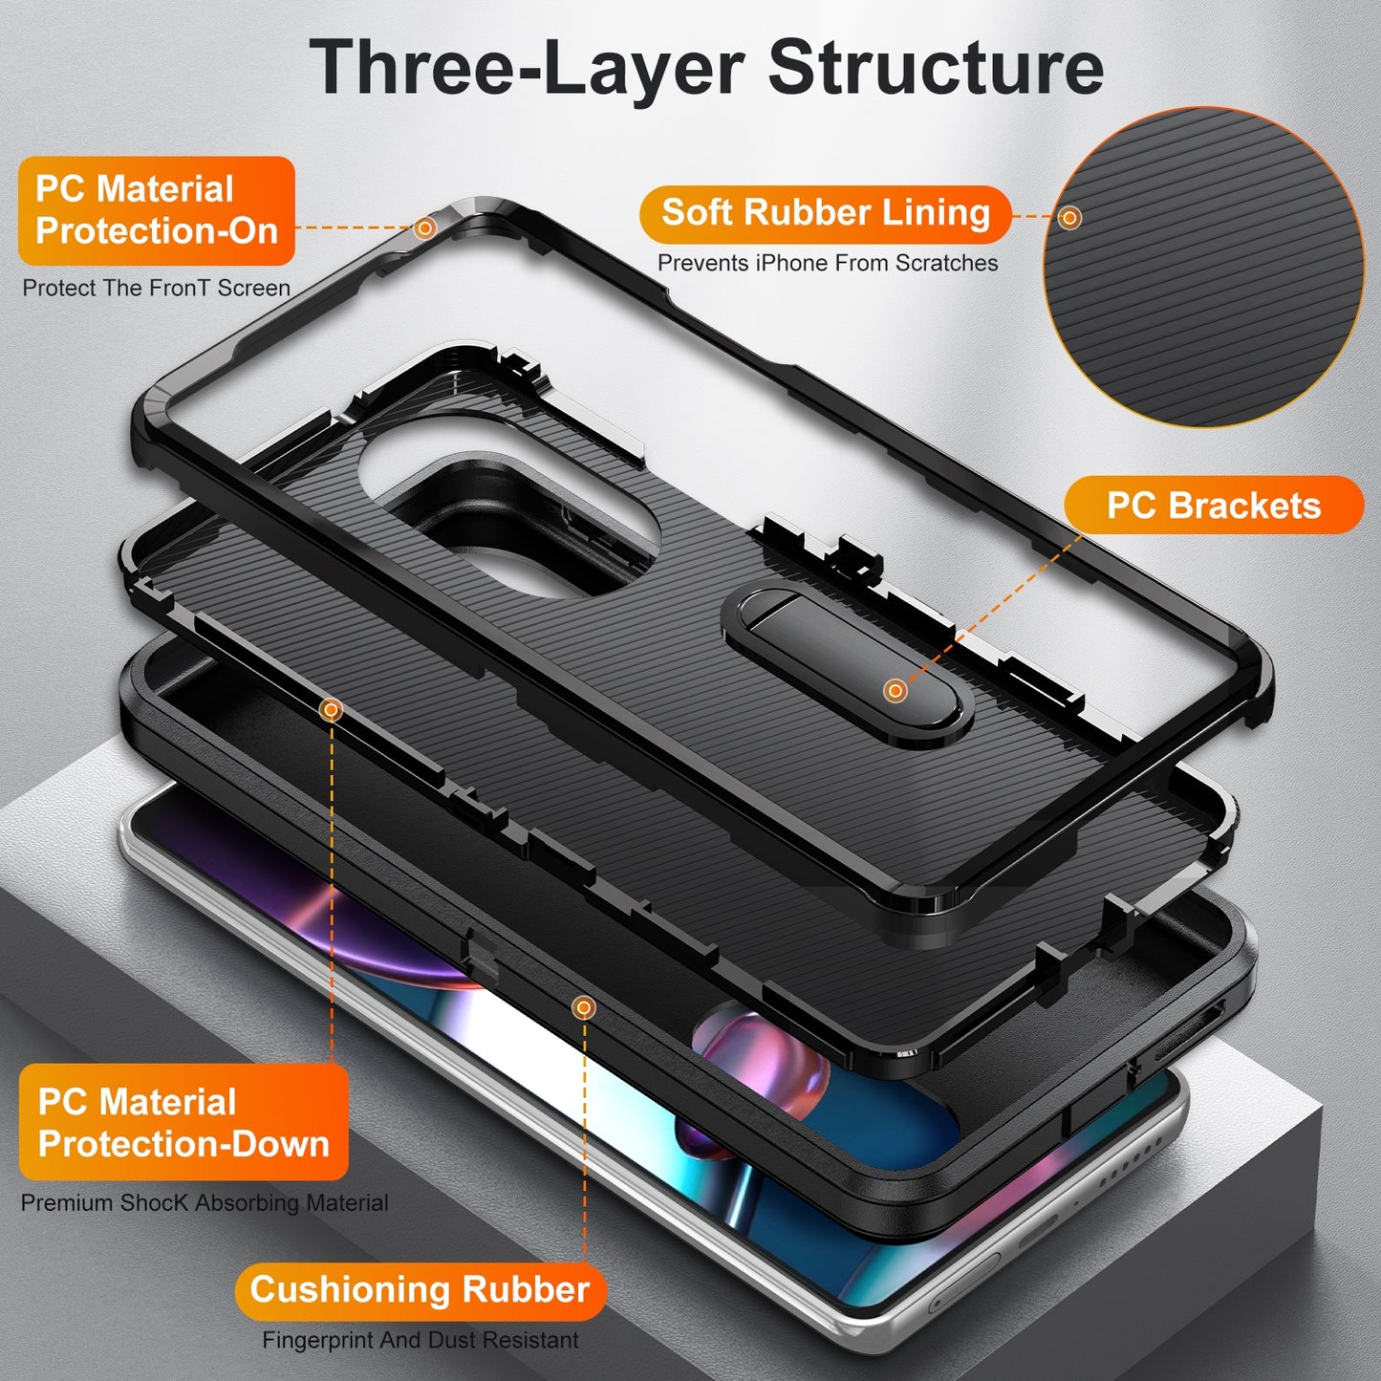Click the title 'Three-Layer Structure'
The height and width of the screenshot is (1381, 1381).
point(706,67)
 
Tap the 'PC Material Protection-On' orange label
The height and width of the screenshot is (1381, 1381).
point(156,210)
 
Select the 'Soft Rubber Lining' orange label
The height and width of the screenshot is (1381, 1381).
point(825,213)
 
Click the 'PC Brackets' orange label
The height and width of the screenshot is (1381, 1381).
point(1213,506)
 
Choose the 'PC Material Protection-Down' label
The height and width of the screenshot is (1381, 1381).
point(183,1122)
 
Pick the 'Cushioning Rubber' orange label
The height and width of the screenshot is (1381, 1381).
point(420,1289)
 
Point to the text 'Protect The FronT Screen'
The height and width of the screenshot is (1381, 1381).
point(156,288)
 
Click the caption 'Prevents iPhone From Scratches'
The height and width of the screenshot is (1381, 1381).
point(828,263)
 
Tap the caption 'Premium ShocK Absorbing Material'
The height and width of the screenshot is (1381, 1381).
point(205,1202)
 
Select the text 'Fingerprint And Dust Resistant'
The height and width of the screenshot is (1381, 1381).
point(421,1340)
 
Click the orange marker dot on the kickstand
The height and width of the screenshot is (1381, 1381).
point(895,690)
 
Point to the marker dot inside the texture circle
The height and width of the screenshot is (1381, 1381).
point(1069,217)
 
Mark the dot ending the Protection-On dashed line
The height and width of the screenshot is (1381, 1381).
point(425,227)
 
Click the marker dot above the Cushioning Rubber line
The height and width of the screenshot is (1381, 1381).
point(583,1007)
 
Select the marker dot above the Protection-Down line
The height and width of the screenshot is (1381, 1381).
point(332,709)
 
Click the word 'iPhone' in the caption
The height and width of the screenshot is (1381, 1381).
point(788,263)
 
